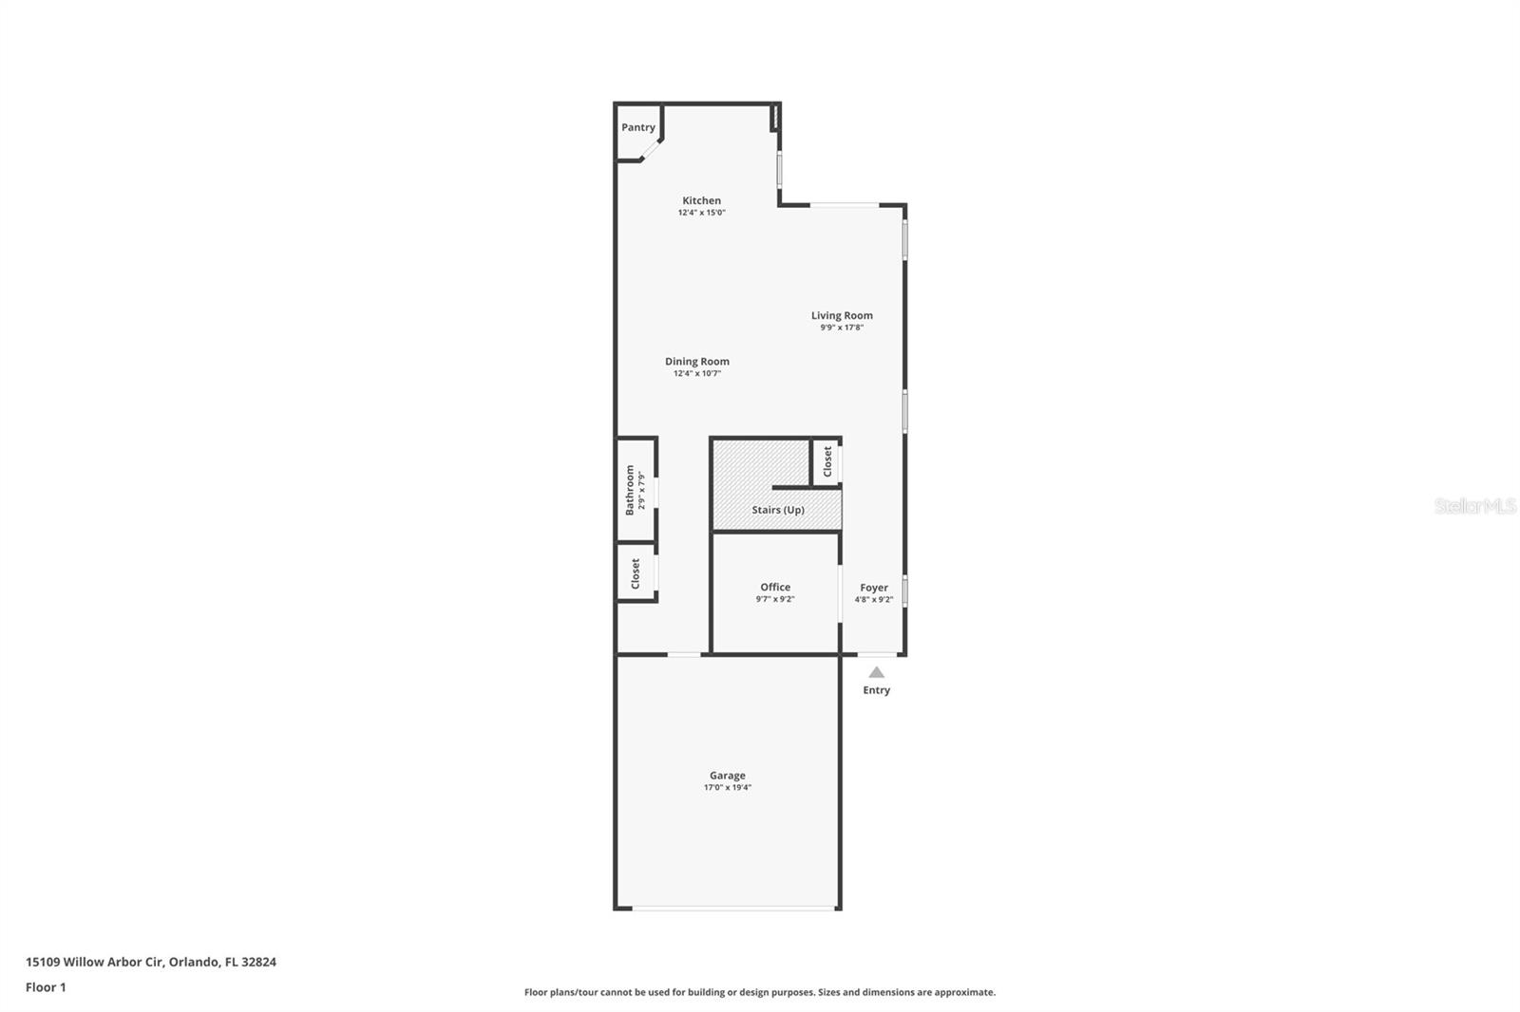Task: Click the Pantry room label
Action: pos(638,127)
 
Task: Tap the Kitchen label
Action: pos(701,200)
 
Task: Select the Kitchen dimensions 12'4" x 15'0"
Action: pos(701,213)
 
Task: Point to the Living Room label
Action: pos(842,315)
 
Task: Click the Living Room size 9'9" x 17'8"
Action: pos(842,328)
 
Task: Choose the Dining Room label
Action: pos(697,361)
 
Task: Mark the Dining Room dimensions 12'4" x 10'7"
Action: pos(697,373)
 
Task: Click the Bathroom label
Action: pos(630,490)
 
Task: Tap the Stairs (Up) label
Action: pos(778,510)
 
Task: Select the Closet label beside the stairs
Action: pos(827,461)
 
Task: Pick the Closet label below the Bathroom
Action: pos(636,572)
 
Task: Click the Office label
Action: pos(775,587)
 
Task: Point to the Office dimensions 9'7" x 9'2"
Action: pos(775,599)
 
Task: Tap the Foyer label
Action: pos(874,588)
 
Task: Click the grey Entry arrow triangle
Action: pos(876,672)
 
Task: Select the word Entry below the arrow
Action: pos(876,690)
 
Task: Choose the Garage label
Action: pos(728,775)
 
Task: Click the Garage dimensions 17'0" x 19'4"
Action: pos(728,787)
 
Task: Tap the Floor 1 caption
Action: pos(46,987)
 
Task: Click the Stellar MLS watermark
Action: pos(1474,507)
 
